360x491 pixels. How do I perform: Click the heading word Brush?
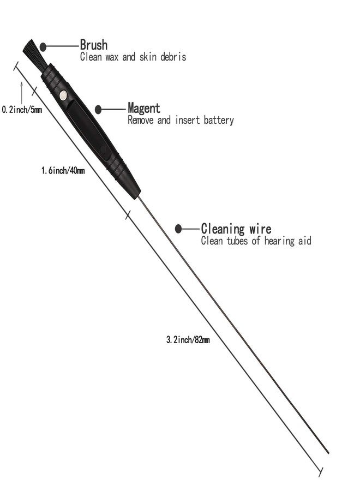coord(94,45)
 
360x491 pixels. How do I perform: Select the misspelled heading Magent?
coord(143,109)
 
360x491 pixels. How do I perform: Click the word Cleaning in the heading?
coord(223,229)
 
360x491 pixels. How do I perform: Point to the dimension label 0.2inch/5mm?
coord(22,110)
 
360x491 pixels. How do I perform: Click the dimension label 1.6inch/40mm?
coord(63,171)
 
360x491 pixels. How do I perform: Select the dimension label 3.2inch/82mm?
coord(188,340)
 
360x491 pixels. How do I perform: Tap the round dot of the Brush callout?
coord(43,47)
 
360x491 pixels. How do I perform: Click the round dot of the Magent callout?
coord(98,109)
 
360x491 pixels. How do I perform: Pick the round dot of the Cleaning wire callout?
coord(178,229)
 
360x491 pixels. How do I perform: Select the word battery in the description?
coord(219,120)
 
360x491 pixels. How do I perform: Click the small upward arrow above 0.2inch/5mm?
coord(22,93)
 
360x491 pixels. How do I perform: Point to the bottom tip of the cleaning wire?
coord(328,453)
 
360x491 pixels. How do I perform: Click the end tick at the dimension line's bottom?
coord(321,472)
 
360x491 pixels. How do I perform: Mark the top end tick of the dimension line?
coord(16,66)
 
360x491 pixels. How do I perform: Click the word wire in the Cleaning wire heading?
coord(260,229)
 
